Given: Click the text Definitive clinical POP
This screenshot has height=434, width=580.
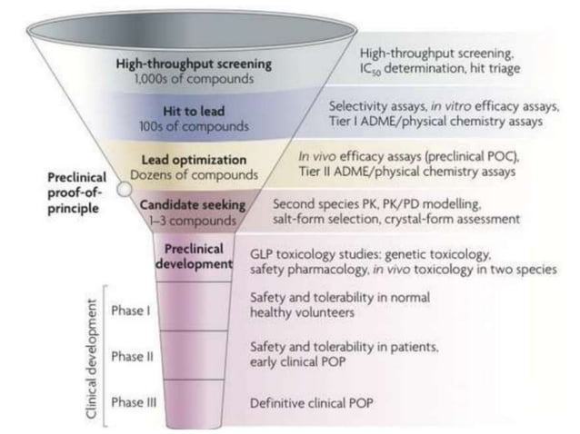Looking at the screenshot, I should click(315, 401).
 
